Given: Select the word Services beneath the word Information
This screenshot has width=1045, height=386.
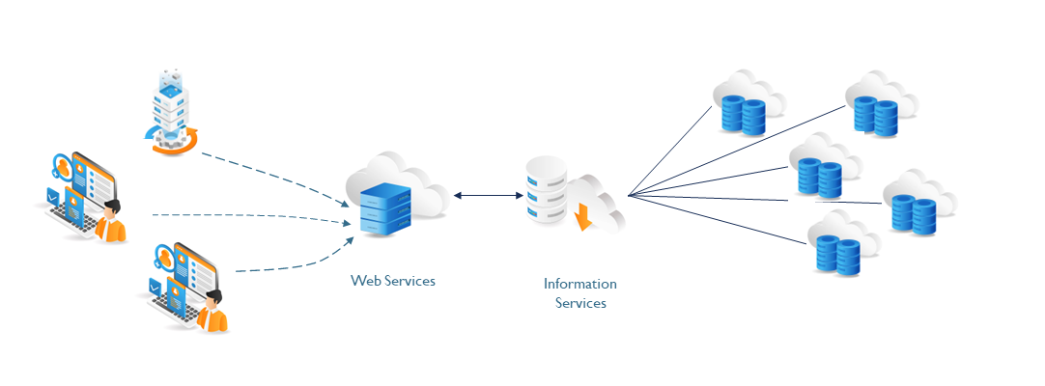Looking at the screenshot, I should (x=580, y=303).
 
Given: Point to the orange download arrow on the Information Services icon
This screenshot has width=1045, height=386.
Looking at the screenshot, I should (x=582, y=218).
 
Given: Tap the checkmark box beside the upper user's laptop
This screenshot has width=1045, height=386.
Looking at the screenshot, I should (x=52, y=198).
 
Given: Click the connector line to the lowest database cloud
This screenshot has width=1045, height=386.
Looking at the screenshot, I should (x=720, y=220).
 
